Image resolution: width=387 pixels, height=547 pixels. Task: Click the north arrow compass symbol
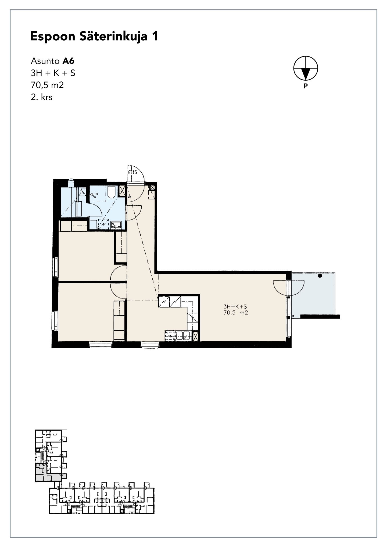tap(306, 68)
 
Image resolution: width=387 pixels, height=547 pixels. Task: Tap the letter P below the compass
tap(305, 86)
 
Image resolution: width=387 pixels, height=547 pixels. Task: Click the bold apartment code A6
tap(68, 61)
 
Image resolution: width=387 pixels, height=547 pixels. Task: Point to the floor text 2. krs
tap(42, 97)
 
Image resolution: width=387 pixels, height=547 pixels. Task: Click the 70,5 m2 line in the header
tap(47, 85)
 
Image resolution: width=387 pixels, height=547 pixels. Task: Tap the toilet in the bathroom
tap(111, 192)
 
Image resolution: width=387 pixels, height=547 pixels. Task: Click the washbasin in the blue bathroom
tap(116, 225)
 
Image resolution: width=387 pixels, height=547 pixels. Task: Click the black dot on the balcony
tap(320, 276)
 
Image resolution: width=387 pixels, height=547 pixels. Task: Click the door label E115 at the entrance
tap(132, 172)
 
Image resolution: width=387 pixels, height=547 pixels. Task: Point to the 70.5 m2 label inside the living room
tap(236, 313)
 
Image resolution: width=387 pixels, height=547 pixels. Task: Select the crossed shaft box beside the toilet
tap(122, 191)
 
